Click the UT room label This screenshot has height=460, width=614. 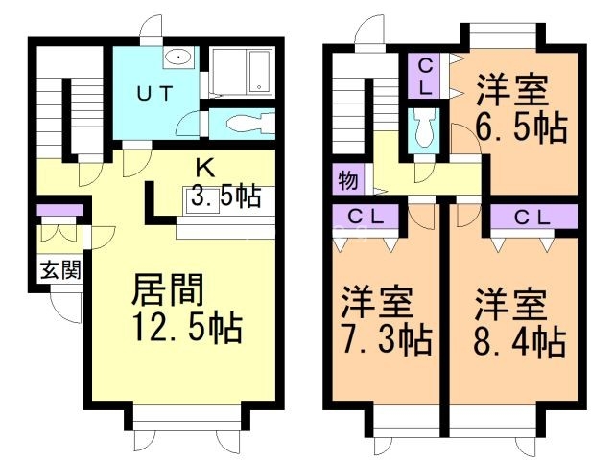154,94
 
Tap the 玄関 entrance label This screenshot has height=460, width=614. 61,270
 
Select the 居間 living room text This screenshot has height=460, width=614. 167,289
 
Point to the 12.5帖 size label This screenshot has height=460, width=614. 187,328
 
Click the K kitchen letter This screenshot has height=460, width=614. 205,169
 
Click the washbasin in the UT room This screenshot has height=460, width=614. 178,57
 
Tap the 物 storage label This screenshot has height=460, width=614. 347,180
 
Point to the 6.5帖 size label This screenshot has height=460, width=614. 521,127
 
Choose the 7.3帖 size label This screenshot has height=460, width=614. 387,339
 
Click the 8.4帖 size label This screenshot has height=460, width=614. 520,342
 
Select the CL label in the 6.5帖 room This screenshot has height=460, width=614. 426,78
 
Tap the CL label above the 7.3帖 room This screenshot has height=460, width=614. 366,217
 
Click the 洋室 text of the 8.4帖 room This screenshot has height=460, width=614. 511,306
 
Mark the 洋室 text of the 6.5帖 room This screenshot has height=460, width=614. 511,91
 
